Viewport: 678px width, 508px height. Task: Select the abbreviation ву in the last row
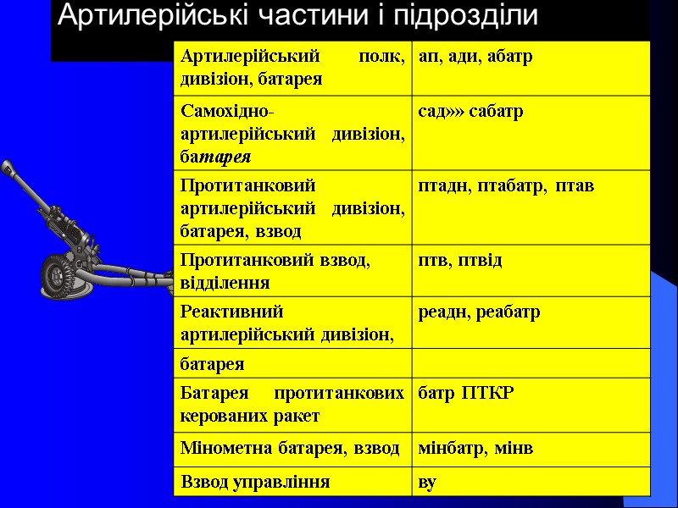[428, 482]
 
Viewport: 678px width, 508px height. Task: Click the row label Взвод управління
[256, 482]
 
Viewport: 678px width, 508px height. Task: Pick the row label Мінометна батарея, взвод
[290, 448]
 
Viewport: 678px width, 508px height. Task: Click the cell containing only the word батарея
[212, 364]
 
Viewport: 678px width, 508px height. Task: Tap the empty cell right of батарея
[531, 364]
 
